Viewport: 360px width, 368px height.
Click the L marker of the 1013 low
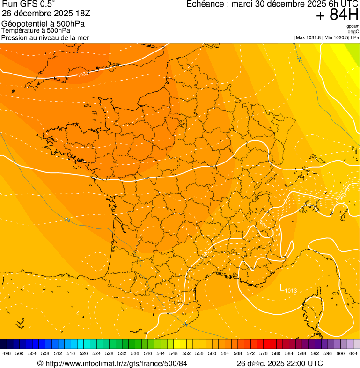(282, 287)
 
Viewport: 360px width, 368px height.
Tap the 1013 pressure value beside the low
(291, 291)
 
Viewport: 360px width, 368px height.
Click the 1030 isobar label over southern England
(83, 74)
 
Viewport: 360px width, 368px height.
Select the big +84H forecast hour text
(337, 15)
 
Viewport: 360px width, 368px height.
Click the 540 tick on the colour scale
(148, 353)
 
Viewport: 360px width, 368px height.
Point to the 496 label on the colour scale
(7, 353)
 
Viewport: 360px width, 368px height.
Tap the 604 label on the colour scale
(353, 353)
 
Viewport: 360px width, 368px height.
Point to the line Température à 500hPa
(36, 30)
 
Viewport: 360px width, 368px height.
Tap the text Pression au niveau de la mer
(45, 37)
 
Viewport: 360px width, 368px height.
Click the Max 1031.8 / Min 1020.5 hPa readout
(327, 37)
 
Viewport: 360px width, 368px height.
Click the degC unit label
(353, 31)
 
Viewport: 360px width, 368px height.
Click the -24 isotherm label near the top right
(299, 59)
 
